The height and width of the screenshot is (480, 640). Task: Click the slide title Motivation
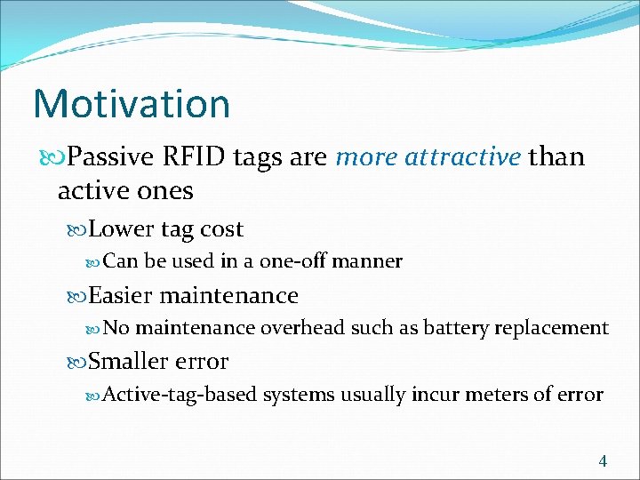[x=132, y=103]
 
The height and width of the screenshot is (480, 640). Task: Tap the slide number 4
[x=604, y=460]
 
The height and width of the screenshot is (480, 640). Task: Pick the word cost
[x=221, y=229]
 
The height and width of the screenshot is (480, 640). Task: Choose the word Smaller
[x=130, y=362]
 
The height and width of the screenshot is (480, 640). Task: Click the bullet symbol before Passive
[x=57, y=158]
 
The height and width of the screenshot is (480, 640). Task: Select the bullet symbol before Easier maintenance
[x=78, y=296]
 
